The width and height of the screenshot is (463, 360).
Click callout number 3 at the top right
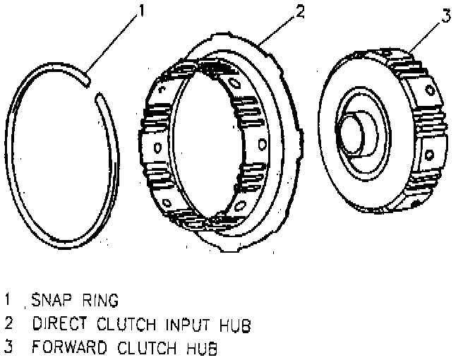[x=446, y=16]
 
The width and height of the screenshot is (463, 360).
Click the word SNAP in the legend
[x=44, y=301]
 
